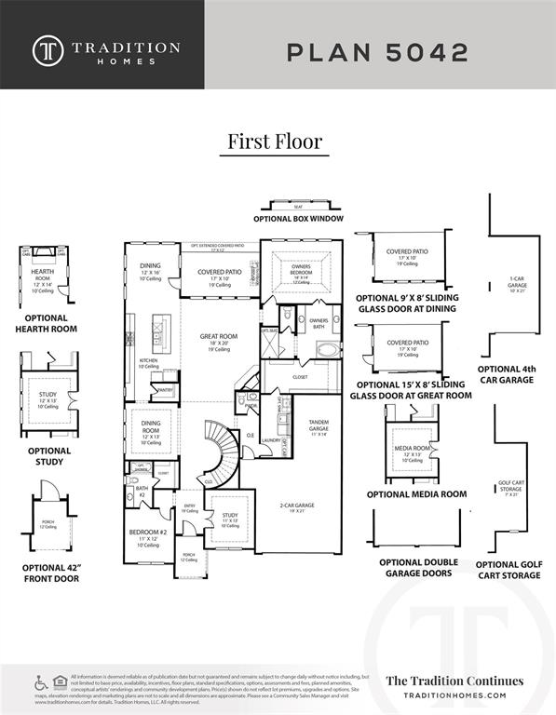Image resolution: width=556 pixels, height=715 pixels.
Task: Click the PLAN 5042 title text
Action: (x=377, y=52)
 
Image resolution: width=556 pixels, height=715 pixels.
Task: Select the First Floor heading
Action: (x=275, y=141)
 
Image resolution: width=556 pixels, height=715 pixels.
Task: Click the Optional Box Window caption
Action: (x=299, y=218)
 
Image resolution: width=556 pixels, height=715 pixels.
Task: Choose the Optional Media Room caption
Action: (x=416, y=494)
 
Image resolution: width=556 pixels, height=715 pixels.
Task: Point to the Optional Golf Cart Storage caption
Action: (x=508, y=570)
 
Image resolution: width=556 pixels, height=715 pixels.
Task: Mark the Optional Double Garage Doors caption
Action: (x=416, y=567)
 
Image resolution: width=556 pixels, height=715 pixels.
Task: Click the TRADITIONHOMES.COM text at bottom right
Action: (x=454, y=695)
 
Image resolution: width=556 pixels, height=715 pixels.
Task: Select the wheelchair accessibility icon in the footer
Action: (x=41, y=682)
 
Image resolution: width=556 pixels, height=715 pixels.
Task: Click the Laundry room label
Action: (x=272, y=440)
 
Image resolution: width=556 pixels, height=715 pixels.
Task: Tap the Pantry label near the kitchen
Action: (x=166, y=390)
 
